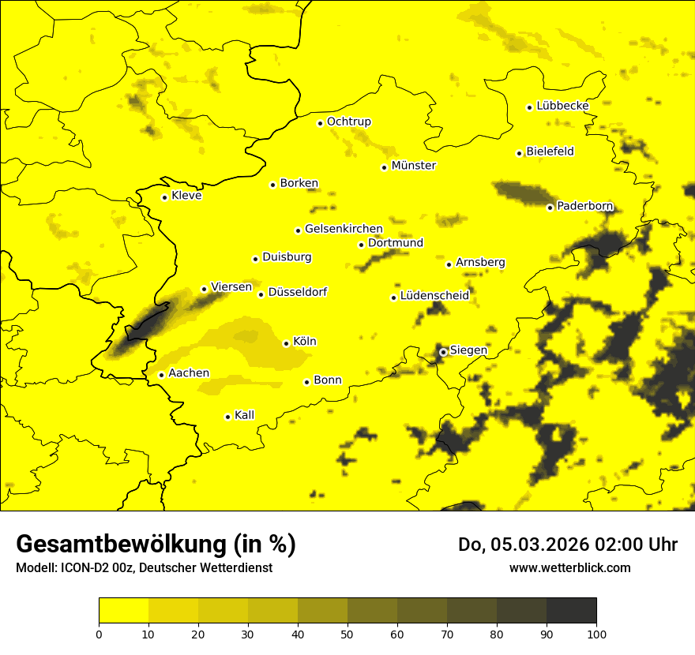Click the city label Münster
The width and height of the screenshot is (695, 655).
click(x=413, y=166)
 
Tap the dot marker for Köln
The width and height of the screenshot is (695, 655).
click(x=286, y=343)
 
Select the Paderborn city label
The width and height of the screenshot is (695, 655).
click(x=584, y=206)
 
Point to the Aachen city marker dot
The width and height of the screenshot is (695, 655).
click(x=161, y=375)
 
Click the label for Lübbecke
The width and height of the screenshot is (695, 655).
click(x=562, y=106)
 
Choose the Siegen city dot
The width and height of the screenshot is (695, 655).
click(x=443, y=352)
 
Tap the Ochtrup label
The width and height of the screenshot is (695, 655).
click(x=348, y=122)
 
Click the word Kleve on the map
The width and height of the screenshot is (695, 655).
click(x=186, y=196)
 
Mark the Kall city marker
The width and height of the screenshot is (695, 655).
click(x=227, y=417)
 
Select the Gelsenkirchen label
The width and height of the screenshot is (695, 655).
click(x=344, y=229)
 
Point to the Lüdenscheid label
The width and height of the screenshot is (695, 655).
click(x=434, y=296)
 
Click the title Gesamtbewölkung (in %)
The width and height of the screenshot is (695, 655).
click(x=156, y=544)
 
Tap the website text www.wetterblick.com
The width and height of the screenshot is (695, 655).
click(x=569, y=567)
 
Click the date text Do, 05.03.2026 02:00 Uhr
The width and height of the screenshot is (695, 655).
click(x=567, y=545)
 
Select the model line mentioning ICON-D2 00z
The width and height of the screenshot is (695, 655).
click(x=144, y=567)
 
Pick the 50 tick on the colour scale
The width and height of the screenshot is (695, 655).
click(x=347, y=633)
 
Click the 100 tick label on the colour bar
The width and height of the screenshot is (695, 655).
click(x=596, y=633)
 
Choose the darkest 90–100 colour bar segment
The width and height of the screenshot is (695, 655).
click(x=571, y=610)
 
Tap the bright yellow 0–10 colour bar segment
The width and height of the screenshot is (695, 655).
click(x=123, y=610)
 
